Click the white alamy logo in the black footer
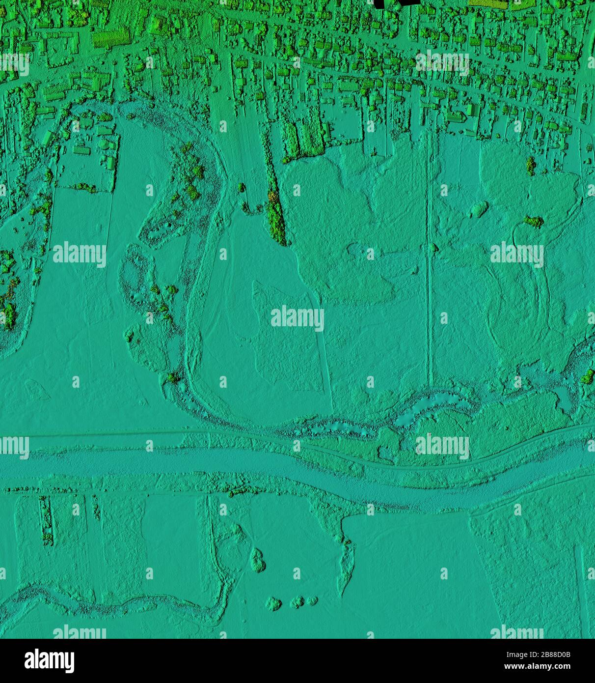(49, 661)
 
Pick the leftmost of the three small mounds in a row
(273, 603)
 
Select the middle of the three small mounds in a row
(297, 601)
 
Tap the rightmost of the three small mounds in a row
(312, 600)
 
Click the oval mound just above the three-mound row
(257, 560)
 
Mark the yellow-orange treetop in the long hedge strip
(273, 198)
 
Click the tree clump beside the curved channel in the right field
(534, 222)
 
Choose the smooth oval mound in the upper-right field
(479, 209)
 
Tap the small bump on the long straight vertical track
(433, 248)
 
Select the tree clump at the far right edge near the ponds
(587, 377)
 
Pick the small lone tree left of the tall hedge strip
(241, 187)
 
